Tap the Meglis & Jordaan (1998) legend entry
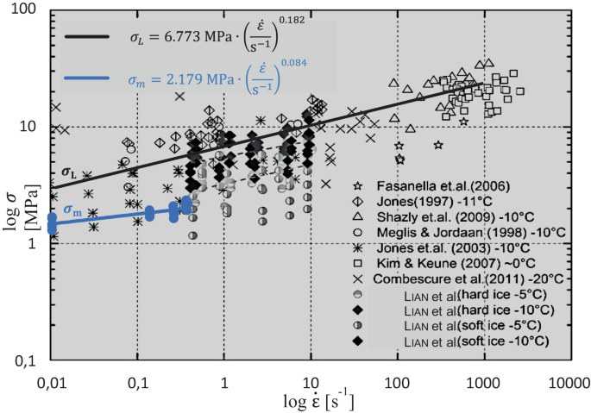pos(457,232)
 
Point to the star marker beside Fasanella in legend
pos(358,185)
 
